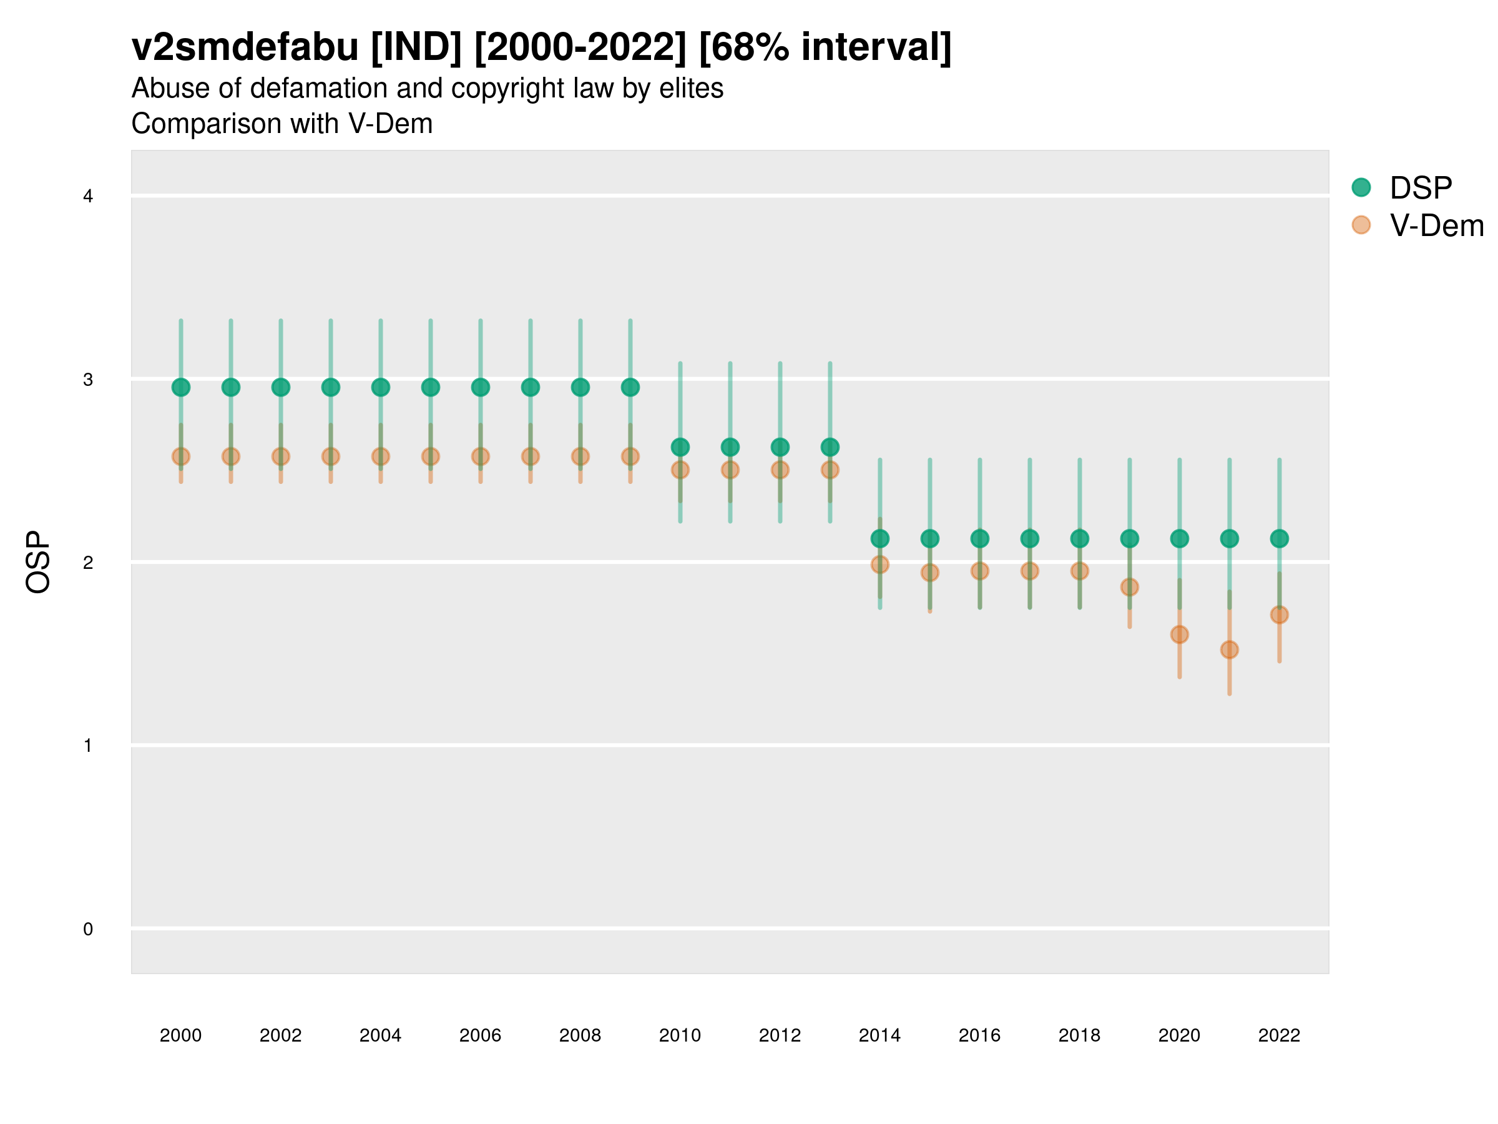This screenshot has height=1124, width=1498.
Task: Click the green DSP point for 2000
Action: pyautogui.click(x=181, y=387)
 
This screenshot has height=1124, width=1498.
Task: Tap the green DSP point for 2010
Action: pyautogui.click(x=680, y=447)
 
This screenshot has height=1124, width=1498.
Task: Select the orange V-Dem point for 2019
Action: pyautogui.click(x=1129, y=587)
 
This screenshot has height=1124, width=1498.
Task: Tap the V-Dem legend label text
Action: pyautogui.click(x=1436, y=225)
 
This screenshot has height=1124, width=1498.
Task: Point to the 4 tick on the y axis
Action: pyautogui.click(x=88, y=197)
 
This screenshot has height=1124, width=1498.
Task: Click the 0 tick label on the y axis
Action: pyautogui.click(x=88, y=929)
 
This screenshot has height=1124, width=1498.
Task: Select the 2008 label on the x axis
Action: pyautogui.click(x=580, y=1035)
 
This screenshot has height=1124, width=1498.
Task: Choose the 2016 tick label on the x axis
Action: pyautogui.click(x=979, y=1035)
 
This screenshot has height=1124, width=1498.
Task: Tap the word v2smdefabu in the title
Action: pyautogui.click(x=245, y=47)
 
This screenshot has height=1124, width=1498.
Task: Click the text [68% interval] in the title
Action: pyautogui.click(x=825, y=47)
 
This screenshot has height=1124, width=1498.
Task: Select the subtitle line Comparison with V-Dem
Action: pyautogui.click(x=281, y=124)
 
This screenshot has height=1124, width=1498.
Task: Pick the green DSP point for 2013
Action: pyautogui.click(x=830, y=447)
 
